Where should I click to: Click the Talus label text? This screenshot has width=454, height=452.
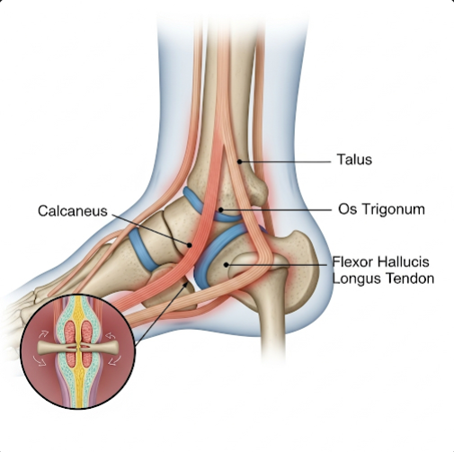point(354,159)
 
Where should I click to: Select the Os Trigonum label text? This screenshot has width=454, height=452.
point(381,209)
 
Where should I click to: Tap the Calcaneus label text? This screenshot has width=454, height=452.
point(73,211)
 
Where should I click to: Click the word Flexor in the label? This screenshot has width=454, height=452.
point(352,262)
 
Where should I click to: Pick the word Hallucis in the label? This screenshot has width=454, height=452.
point(404,262)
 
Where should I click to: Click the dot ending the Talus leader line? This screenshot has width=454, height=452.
point(240,162)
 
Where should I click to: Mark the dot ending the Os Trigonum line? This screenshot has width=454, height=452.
point(221,210)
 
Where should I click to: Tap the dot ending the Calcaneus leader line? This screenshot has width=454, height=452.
point(190,245)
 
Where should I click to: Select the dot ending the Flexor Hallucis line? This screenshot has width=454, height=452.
point(227,265)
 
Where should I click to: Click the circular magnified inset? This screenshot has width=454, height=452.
point(78,351)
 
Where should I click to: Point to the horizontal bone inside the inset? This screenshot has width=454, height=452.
point(78,348)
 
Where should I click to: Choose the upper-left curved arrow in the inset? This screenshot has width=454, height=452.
point(43,334)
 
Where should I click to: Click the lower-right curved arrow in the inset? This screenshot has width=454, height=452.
point(114,360)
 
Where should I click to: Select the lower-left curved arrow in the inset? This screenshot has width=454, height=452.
point(40,360)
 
